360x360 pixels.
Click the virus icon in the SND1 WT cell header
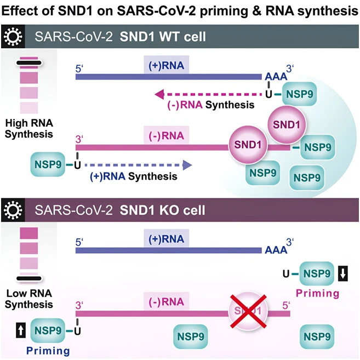click(x=13, y=36)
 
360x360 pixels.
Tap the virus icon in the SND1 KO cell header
click(x=13, y=210)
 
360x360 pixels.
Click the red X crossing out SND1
click(x=248, y=311)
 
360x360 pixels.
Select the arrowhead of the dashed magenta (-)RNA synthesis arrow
click(x=159, y=94)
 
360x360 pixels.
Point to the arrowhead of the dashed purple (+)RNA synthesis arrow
click(x=187, y=165)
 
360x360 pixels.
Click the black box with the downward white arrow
click(x=343, y=273)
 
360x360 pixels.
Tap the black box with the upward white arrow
click(x=21, y=330)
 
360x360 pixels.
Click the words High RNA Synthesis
click(x=29, y=129)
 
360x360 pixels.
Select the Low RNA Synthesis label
click(x=29, y=299)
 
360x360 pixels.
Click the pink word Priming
click(x=317, y=293)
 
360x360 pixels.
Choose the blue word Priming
click(x=48, y=351)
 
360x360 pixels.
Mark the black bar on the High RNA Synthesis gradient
click(x=29, y=62)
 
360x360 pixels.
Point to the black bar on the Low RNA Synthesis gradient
click(x=29, y=278)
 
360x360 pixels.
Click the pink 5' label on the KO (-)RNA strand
click(x=286, y=306)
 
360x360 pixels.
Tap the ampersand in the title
click(x=256, y=11)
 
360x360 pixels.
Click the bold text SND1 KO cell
click(x=163, y=210)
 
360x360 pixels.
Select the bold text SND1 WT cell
click(x=163, y=37)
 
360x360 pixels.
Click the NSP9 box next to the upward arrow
click(x=48, y=330)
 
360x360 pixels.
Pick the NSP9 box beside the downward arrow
click(x=317, y=273)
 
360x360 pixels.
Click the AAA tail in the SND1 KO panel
click(x=276, y=250)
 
